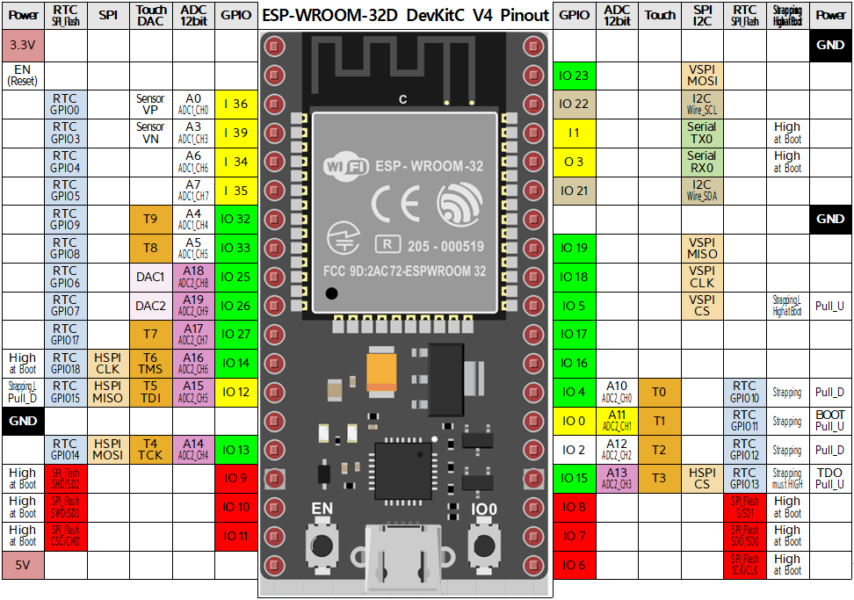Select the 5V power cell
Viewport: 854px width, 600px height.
tap(23, 565)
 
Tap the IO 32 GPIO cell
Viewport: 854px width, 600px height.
tap(235, 220)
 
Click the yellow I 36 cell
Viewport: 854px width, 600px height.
tap(235, 105)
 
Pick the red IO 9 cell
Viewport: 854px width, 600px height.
tap(237, 479)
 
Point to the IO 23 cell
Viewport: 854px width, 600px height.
tap(574, 76)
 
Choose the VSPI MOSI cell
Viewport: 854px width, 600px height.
tap(702, 76)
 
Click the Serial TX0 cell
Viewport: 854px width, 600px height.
tap(702, 134)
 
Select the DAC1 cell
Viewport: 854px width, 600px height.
tap(150, 277)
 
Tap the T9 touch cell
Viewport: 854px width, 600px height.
tap(150, 220)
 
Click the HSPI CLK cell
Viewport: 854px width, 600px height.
tap(107, 363)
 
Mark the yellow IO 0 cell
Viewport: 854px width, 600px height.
tap(574, 421)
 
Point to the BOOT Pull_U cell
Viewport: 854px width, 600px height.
tap(830, 421)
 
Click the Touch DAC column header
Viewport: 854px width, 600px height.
tap(150, 15)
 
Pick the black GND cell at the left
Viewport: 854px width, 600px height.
tap(23, 421)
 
